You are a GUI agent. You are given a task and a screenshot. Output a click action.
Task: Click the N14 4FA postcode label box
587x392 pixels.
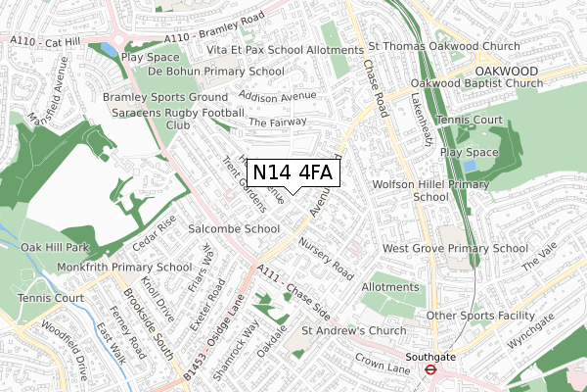[x=294, y=173]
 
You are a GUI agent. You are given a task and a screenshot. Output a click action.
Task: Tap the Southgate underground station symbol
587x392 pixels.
[x=429, y=370]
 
